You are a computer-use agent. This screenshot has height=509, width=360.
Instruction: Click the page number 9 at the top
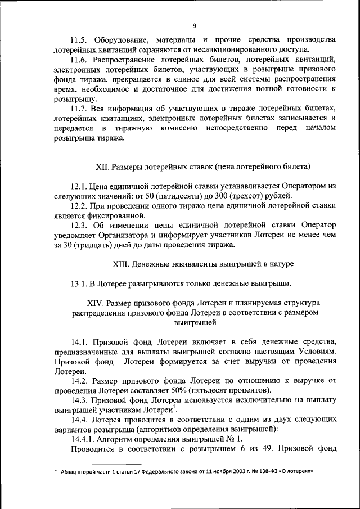[x=195, y=25]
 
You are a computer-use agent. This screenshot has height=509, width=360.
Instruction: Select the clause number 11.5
[x=79, y=40]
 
